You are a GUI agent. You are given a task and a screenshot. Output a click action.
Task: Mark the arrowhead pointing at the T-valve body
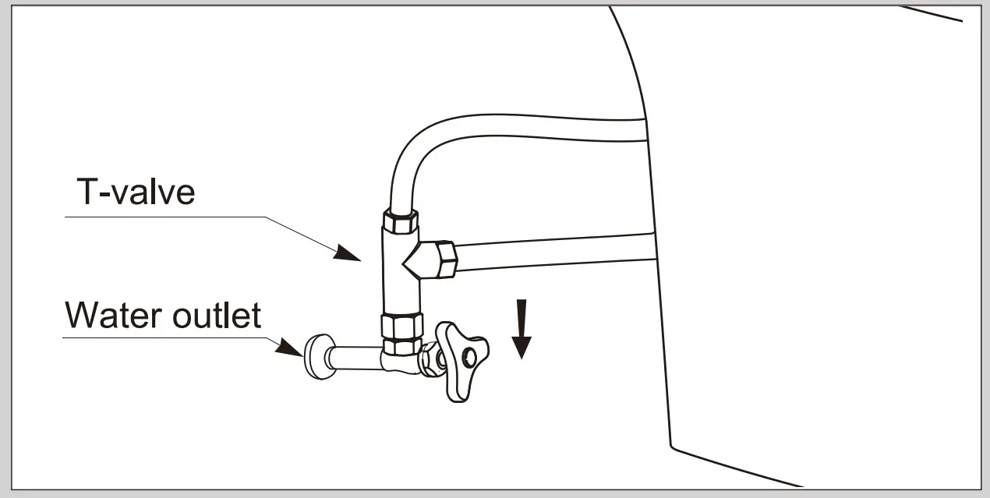click(x=348, y=253)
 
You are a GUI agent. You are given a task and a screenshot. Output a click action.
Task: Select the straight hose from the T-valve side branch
click(x=553, y=252)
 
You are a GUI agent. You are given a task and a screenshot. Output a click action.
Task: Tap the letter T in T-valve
click(x=87, y=191)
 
